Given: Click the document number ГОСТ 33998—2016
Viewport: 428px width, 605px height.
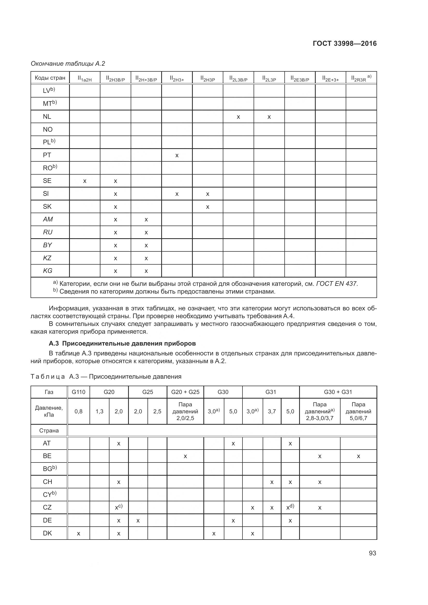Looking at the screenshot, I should pos(344,43).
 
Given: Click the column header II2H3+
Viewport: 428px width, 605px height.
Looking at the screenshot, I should pos(177,78).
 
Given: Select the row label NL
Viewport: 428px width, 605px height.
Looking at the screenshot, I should pos(47,116).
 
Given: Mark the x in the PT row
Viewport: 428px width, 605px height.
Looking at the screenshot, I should pos(177,155).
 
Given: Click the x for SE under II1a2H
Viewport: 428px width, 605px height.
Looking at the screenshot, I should pos(85,181).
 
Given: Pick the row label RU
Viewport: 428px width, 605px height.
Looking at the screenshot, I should pos(48,232).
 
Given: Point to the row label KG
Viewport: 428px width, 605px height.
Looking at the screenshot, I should pos(48,271).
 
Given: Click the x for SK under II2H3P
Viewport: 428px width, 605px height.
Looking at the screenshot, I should pos(208,207).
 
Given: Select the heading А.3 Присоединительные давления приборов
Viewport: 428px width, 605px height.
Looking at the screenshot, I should pos(122,343).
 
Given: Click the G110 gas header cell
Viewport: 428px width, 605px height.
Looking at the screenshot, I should pos(79,392).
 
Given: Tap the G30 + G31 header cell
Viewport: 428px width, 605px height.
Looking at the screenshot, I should pos(338,392).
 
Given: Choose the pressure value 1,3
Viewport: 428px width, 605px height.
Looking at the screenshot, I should pos(99,411).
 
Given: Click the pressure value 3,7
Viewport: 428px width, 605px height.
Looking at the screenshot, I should pos(272,411).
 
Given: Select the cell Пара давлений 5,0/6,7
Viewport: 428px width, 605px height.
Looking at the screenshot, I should pos(358,411).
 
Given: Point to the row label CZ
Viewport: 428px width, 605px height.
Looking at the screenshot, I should pos(47,507).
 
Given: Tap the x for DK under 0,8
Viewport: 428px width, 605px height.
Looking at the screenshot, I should pos(79,534).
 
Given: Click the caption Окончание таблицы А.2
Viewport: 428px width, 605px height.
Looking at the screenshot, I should pos(68,64).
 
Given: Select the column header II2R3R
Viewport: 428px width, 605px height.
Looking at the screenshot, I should pos(361,78).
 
